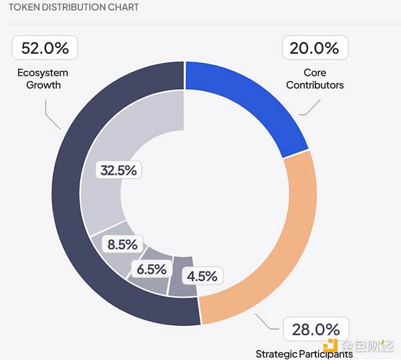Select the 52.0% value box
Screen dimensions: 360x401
click(x=45, y=48)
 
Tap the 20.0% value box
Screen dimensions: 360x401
click(x=315, y=48)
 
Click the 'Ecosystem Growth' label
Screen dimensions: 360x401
click(x=43, y=79)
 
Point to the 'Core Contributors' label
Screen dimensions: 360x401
click(x=315, y=79)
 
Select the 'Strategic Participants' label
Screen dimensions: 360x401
click(x=303, y=353)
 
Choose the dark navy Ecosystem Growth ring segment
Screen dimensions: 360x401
click(x=74, y=221)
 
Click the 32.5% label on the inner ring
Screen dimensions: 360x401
click(x=118, y=170)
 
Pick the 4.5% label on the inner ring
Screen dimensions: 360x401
click(x=201, y=276)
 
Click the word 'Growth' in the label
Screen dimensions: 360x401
click(x=43, y=85)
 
